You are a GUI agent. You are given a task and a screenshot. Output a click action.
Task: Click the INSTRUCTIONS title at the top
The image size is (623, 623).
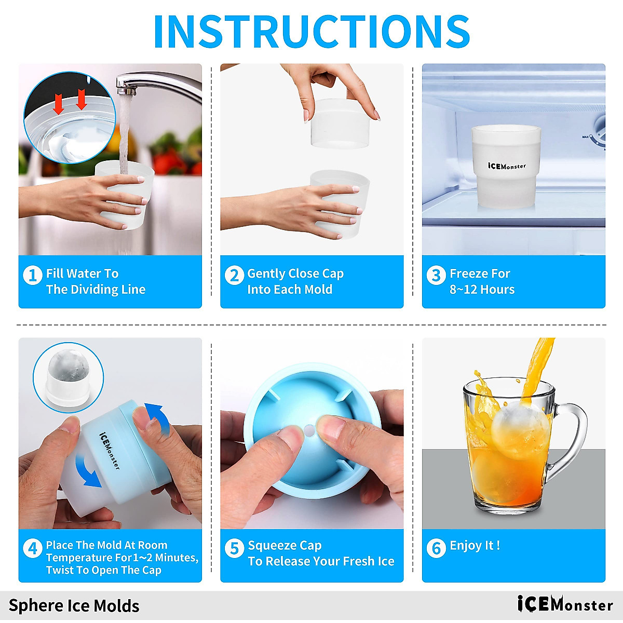coord(311,31)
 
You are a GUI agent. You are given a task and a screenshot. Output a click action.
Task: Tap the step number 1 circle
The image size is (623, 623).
coord(32,275)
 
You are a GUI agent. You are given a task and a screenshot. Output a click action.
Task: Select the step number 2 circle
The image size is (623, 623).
coord(234,275)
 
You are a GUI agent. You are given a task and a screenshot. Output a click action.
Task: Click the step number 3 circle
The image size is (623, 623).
coord(436,275)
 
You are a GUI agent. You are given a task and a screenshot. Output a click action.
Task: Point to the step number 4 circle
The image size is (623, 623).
coord(32,548)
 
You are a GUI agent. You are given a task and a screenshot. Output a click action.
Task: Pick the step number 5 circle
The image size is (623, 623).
coord(234,548)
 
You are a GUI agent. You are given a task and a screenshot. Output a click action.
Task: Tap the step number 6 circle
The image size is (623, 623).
coord(436,548)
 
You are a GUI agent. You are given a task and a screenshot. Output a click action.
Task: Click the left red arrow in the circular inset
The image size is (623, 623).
coord(59,105)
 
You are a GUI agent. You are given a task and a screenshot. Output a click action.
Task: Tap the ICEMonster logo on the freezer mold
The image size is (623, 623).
coord(506,166)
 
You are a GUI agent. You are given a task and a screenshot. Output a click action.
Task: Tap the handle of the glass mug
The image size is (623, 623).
coord(571,436)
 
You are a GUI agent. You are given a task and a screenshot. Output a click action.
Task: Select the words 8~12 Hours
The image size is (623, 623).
coord(482,290)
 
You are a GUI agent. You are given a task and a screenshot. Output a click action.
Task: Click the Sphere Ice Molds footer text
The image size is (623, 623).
coord(74,606)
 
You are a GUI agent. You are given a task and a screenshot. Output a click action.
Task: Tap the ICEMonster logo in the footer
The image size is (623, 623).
coord(565,604)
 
